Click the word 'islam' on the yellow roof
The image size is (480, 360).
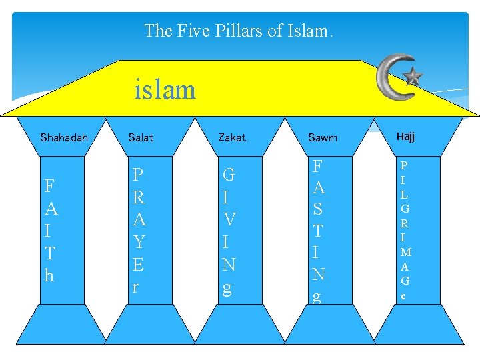pyautogui.click(x=165, y=89)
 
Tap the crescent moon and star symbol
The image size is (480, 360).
pyautogui.click(x=399, y=77)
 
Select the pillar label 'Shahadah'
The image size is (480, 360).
pyautogui.click(x=63, y=138)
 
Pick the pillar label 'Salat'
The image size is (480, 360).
pyautogui.click(x=141, y=138)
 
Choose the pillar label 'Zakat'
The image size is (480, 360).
pyautogui.click(x=232, y=138)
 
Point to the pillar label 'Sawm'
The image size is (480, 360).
pyautogui.click(x=323, y=138)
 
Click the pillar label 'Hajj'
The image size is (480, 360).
pyautogui.click(x=405, y=137)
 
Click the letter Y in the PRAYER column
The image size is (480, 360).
pyautogui.click(x=139, y=241)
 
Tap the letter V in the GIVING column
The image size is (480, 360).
pyautogui.click(x=229, y=220)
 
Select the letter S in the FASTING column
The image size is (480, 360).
pyautogui.click(x=319, y=209)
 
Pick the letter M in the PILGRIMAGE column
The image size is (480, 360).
pyautogui.click(x=405, y=252)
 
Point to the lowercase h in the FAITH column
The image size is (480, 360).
pyautogui.click(x=49, y=275)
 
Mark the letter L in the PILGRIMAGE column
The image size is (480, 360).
pyautogui.click(x=405, y=194)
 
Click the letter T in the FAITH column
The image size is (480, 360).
pyautogui.click(x=49, y=253)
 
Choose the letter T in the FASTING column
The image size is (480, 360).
pyautogui.click(x=319, y=231)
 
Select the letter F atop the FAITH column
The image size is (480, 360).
pyautogui.click(x=49, y=186)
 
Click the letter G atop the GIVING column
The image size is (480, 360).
pyautogui.click(x=229, y=175)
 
